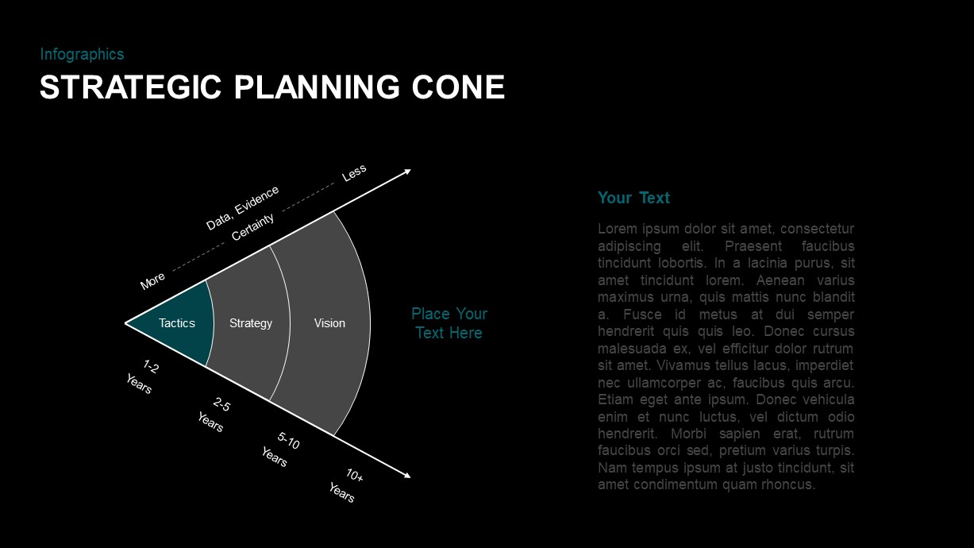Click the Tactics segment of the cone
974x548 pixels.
coord(177,323)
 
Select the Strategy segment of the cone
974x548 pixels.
coord(251,323)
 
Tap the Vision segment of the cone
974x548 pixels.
coord(329,323)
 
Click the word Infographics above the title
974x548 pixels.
coord(82,54)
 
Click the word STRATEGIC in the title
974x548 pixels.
coord(131,87)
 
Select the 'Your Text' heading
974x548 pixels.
coord(633,198)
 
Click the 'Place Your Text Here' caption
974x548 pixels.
coord(449,323)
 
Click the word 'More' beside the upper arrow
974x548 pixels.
coord(152,280)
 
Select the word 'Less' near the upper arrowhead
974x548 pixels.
coord(354,172)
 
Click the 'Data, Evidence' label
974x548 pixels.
coord(242,207)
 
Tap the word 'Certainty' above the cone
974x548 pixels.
coord(252,227)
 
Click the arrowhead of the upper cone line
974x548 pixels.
coord(407,171)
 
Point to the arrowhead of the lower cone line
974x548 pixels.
coord(407,476)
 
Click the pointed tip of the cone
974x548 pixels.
coord(127,323)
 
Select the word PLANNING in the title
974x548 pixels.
coord(322,87)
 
